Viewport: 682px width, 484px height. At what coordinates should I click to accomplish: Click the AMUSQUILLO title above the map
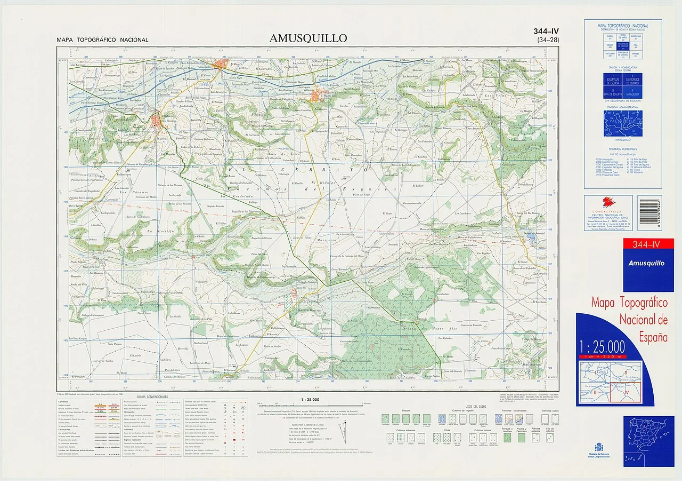point(308,38)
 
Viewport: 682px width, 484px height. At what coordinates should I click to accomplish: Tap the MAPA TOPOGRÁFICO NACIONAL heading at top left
point(103,40)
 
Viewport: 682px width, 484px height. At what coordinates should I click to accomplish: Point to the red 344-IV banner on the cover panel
point(648,245)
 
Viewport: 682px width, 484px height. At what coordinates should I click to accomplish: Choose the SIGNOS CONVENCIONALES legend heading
point(152,397)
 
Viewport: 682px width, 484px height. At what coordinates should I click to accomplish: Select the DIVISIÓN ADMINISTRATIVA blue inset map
point(622,123)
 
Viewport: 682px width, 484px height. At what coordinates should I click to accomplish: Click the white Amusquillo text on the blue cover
point(646,263)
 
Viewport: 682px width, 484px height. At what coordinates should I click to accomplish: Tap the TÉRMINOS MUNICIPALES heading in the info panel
point(622,149)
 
